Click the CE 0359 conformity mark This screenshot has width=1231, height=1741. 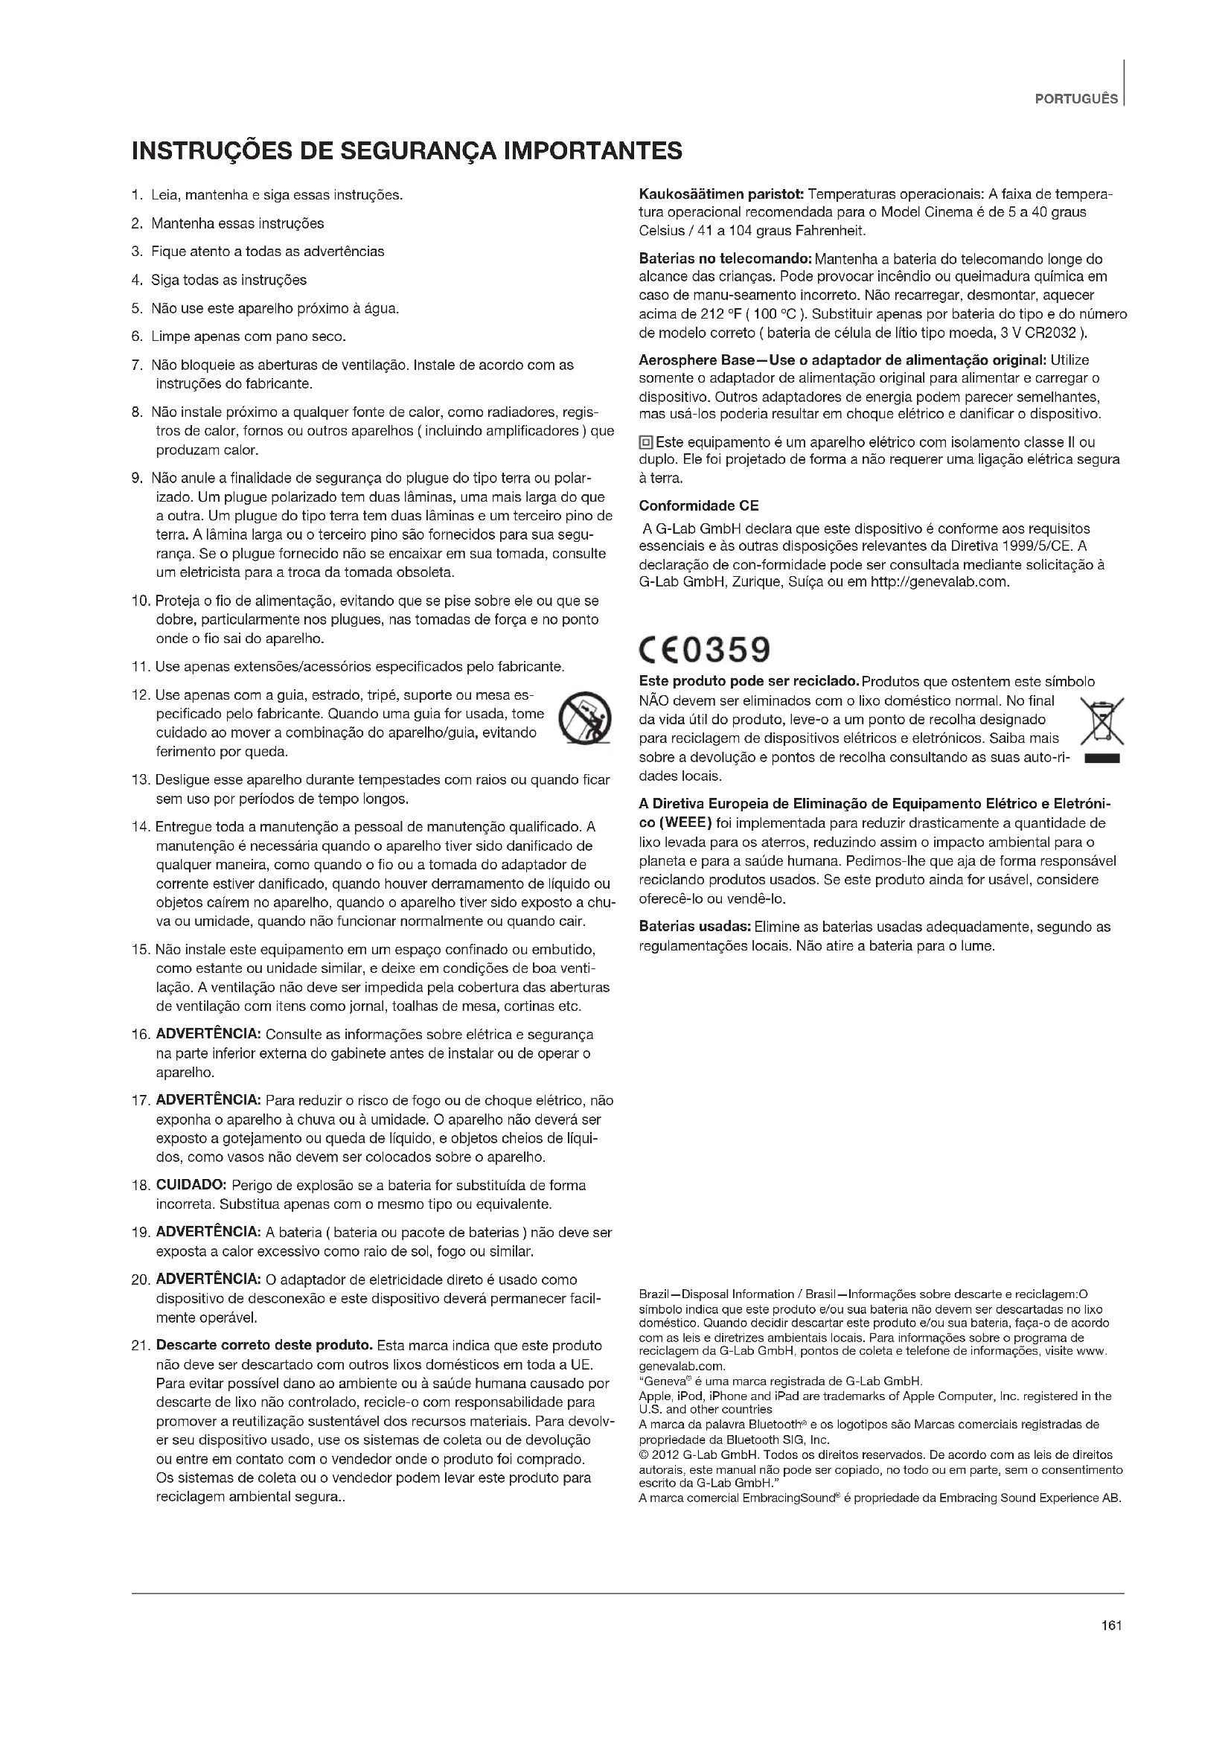click(704, 649)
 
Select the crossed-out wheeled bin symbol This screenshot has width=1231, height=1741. click(1101, 720)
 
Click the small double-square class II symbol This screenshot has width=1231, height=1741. click(646, 442)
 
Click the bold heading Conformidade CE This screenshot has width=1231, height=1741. click(698, 505)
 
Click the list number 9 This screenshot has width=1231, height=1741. click(137, 479)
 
